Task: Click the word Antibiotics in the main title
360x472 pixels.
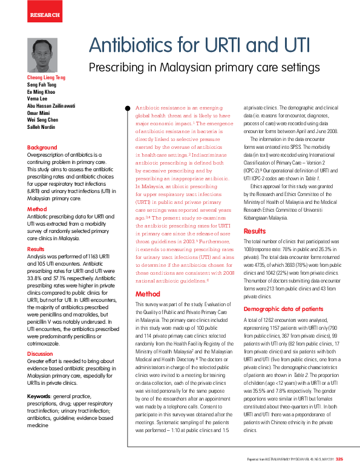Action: [x=137, y=45]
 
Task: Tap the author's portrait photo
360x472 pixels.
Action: [x=42, y=56]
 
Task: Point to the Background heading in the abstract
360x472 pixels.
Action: [x=42, y=148]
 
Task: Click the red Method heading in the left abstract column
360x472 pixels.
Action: [x=37, y=209]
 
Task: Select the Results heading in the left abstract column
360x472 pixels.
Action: [x=36, y=249]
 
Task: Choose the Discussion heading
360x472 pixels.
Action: [x=40, y=354]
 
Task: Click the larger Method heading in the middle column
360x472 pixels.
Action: [x=148, y=294]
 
